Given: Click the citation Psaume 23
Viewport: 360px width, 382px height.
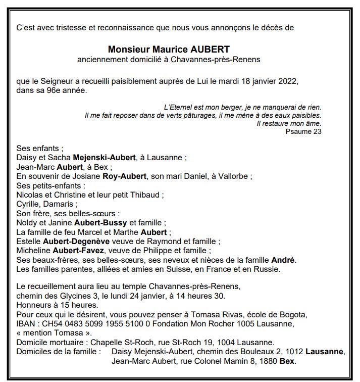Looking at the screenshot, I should (x=303, y=131).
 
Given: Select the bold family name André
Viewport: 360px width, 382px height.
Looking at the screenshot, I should (x=283, y=260).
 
